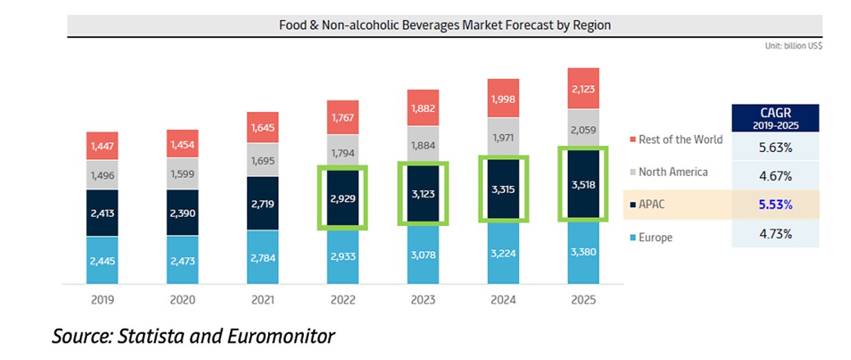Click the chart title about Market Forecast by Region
[445, 25]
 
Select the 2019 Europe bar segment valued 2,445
[102, 260]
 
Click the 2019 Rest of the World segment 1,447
[102, 147]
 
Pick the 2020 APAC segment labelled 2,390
[182, 214]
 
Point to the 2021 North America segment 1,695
[262, 160]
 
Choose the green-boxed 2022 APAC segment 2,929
[343, 198]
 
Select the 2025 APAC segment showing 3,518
[583, 184]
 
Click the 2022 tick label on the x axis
[343, 300]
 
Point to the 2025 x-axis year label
[583, 300]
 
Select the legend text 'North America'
[673, 172]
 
